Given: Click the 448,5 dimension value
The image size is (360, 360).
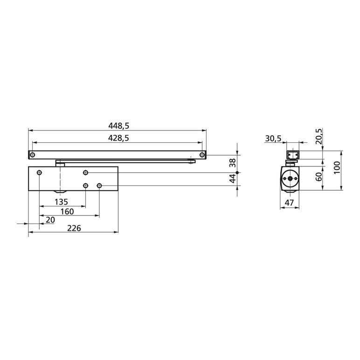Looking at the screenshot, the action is tap(119, 125).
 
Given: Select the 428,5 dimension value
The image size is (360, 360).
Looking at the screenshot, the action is tap(118, 138).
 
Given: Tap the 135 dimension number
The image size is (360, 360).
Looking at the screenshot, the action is tap(61, 202).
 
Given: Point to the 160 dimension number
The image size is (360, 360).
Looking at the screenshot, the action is tap(67, 211).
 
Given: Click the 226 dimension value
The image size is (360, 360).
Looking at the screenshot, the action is tap(74, 228).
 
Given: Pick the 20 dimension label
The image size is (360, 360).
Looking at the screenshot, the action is tap(50, 220).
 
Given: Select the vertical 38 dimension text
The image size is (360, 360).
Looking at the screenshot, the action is tap(233, 163).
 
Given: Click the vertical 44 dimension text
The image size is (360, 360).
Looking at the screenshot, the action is tap(233, 179).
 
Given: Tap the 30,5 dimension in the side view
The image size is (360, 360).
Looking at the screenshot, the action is tap(273, 138).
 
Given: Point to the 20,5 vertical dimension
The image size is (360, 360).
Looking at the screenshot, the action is tap(319, 136).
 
